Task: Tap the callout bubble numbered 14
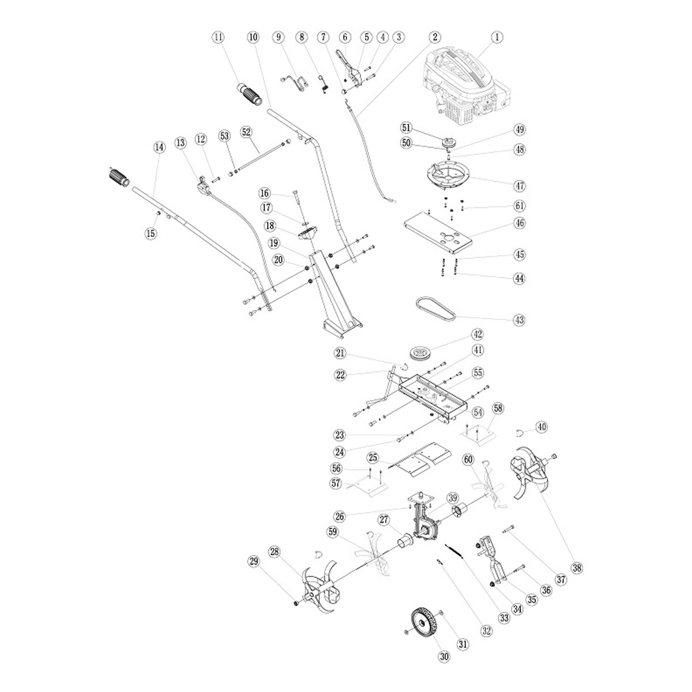159,147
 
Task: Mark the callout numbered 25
373,458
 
